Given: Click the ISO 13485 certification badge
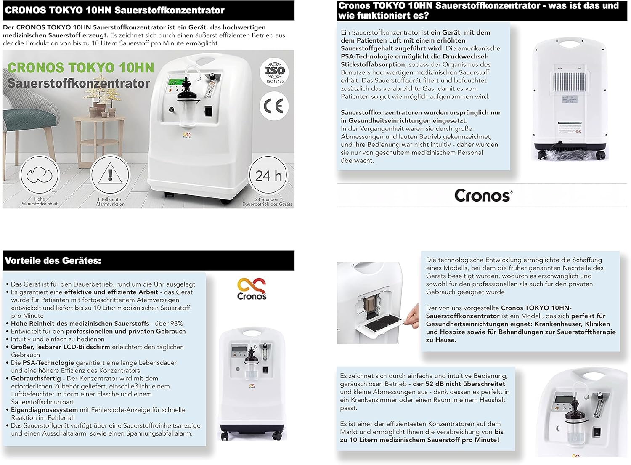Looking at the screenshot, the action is (274, 72).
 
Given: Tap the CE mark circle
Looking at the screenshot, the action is (274, 106).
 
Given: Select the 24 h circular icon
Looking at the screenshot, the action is (268, 175).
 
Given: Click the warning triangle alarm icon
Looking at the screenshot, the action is (110, 175).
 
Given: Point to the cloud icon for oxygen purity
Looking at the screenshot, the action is (40, 175).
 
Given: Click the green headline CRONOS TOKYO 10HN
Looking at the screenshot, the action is (81, 68).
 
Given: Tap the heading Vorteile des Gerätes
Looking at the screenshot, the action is (53, 260).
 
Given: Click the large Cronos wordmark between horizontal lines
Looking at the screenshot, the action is (483, 195).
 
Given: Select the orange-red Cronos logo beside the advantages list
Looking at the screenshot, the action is (252, 289).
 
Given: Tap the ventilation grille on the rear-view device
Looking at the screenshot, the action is (569, 82).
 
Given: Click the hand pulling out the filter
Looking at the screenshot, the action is (412, 316).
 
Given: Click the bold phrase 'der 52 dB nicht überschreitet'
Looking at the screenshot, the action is (459, 384).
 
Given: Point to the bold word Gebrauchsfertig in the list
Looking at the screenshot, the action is (36, 378).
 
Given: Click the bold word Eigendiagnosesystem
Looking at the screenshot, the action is (44, 410).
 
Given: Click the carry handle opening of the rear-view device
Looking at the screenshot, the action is (569, 44).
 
